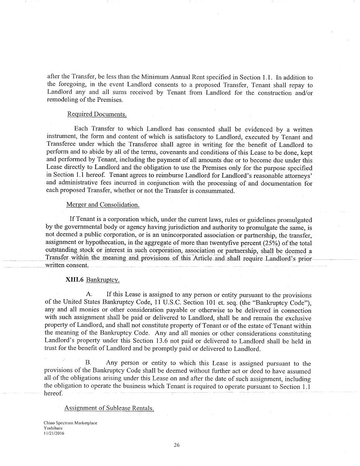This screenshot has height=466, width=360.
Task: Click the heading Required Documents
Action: coord(97,114)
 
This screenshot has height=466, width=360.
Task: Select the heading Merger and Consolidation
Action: coord(103,205)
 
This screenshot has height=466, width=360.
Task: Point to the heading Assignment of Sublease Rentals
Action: coord(109,408)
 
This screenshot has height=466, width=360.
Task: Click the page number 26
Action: coord(177,445)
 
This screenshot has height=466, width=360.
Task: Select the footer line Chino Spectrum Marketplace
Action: coord(70,423)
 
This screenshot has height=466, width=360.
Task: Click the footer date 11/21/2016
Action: coord(54,433)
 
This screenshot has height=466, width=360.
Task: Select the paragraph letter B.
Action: coord(88,363)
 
